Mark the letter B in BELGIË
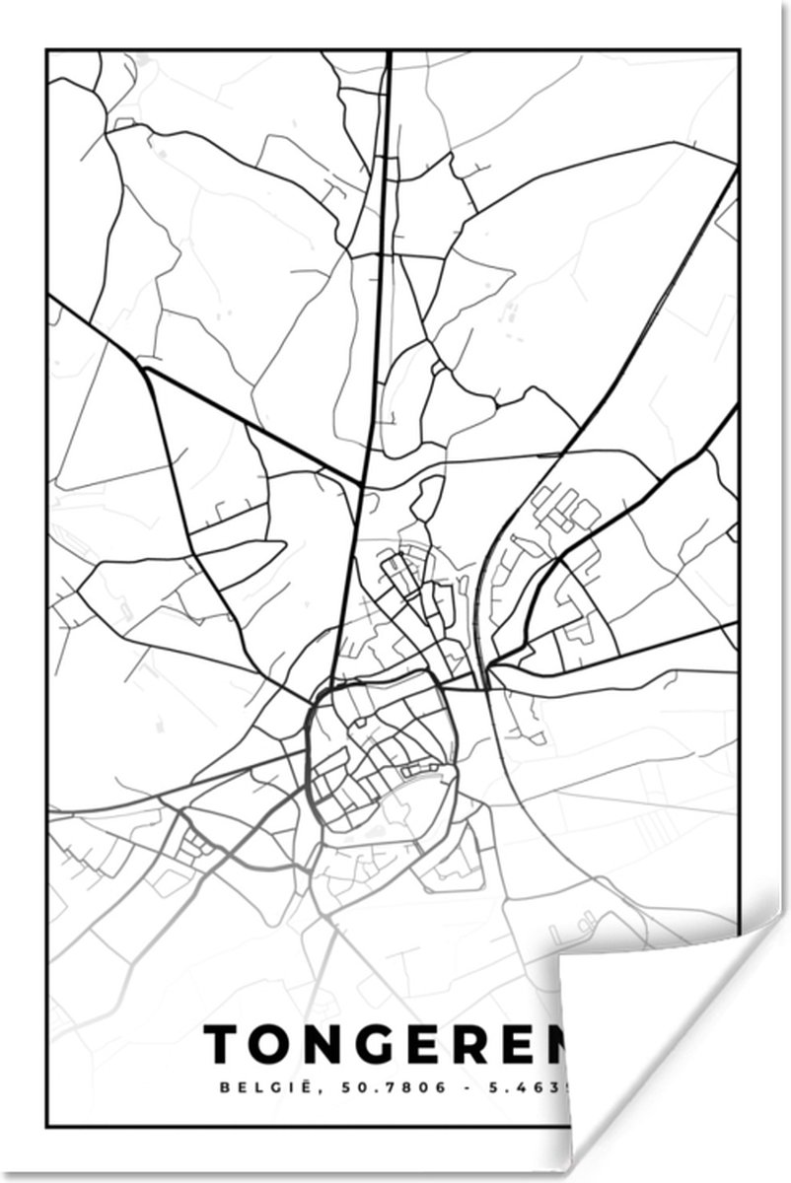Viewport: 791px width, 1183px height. (x=211, y=1088)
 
